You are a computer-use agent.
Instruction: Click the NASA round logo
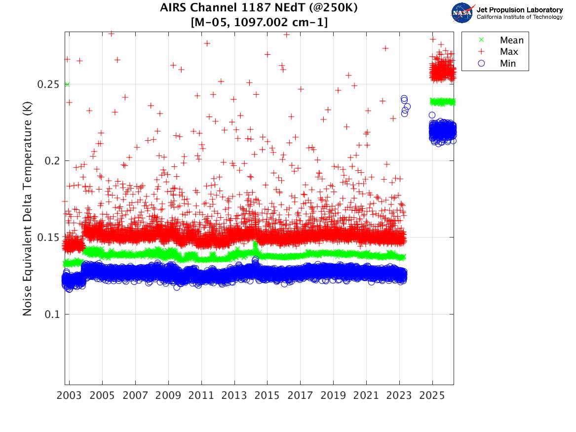[462, 13]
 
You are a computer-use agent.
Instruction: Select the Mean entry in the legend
[511, 40]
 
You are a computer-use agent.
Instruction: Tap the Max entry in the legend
[509, 52]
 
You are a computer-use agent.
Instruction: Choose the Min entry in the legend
[508, 63]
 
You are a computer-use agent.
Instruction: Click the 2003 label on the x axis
[70, 396]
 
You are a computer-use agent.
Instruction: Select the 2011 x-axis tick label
[201, 396]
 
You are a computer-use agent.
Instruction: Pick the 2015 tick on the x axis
[268, 396]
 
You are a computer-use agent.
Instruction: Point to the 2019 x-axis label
[334, 396]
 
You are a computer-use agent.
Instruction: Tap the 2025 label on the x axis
[432, 396]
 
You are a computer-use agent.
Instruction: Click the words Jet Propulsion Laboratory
[519, 10]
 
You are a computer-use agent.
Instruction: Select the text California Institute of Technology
[519, 17]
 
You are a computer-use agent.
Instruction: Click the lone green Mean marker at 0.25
[67, 84]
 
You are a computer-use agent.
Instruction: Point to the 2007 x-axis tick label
[135, 396]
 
